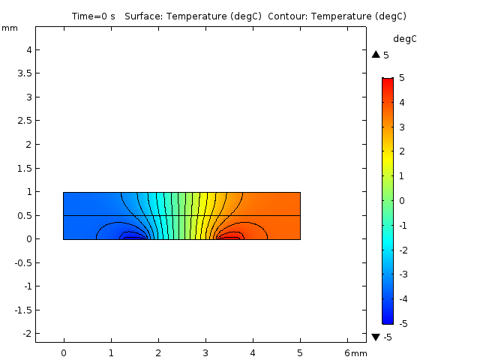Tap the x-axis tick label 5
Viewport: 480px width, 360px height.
[300, 352]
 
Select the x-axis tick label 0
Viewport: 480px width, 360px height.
[64, 352]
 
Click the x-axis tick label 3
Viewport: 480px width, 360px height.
[205, 352]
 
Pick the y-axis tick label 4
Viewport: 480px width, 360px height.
[26, 49]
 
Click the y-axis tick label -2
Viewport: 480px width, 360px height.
[24, 334]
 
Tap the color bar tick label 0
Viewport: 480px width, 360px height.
[401, 200]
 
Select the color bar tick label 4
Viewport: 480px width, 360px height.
[401, 102]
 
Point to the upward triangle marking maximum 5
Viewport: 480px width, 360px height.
[376, 55]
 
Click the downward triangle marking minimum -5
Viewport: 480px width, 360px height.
[376, 337]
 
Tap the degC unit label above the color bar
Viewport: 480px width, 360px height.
[404, 38]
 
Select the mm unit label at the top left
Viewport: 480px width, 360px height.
[9, 28]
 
